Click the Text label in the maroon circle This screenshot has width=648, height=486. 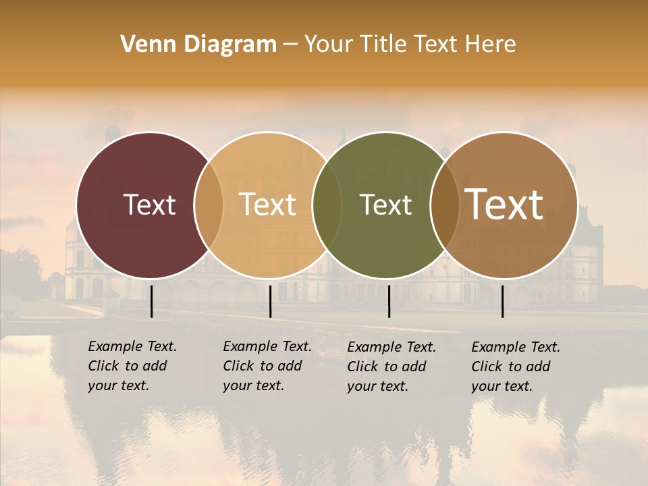click(149, 205)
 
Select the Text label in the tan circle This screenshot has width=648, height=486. click(268, 205)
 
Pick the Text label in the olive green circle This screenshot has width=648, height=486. click(386, 205)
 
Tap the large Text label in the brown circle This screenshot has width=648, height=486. click(504, 205)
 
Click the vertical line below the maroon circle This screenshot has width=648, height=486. click(152, 301)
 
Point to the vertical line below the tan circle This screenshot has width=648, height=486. click(270, 301)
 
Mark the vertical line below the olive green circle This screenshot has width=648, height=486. click(389, 301)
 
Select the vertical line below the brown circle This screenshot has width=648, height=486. click(502, 301)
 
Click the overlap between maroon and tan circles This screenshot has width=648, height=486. click(209, 205)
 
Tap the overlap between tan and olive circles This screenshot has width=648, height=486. click(327, 205)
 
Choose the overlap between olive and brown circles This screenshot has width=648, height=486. click(444, 205)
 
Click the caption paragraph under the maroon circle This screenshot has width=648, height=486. click(132, 366)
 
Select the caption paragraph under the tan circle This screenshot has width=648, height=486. click(267, 366)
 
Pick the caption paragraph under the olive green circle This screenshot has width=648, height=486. click(391, 367)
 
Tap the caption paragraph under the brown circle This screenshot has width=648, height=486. click(516, 367)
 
